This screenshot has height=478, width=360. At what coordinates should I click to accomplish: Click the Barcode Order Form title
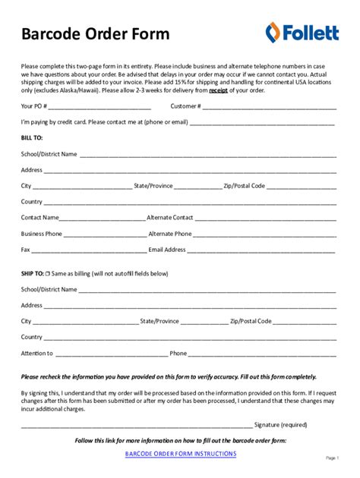point(96,35)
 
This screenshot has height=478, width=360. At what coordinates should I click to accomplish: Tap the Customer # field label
point(185,106)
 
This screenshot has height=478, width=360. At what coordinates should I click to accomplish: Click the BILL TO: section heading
point(32,138)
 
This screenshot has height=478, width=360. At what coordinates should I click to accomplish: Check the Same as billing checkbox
point(48,273)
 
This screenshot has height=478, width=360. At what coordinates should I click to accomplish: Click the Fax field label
point(26,250)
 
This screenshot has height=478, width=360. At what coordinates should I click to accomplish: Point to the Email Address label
point(167,250)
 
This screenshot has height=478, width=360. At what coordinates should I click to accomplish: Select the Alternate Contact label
point(170,218)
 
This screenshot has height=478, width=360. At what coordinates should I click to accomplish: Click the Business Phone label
point(42,234)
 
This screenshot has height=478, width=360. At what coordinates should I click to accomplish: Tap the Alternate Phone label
point(170,234)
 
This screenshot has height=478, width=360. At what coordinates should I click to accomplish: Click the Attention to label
point(37,353)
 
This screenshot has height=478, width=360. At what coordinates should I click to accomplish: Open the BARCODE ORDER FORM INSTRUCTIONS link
point(181,454)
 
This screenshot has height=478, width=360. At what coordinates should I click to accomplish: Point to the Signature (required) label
point(280,424)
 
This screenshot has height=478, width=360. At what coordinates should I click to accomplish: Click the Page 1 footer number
point(332,458)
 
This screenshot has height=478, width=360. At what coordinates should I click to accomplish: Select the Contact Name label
point(41,218)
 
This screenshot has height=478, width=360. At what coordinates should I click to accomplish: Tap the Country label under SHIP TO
point(32,337)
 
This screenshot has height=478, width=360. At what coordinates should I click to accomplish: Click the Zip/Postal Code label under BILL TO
point(244,186)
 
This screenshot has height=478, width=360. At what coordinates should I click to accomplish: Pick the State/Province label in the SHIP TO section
point(159,321)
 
